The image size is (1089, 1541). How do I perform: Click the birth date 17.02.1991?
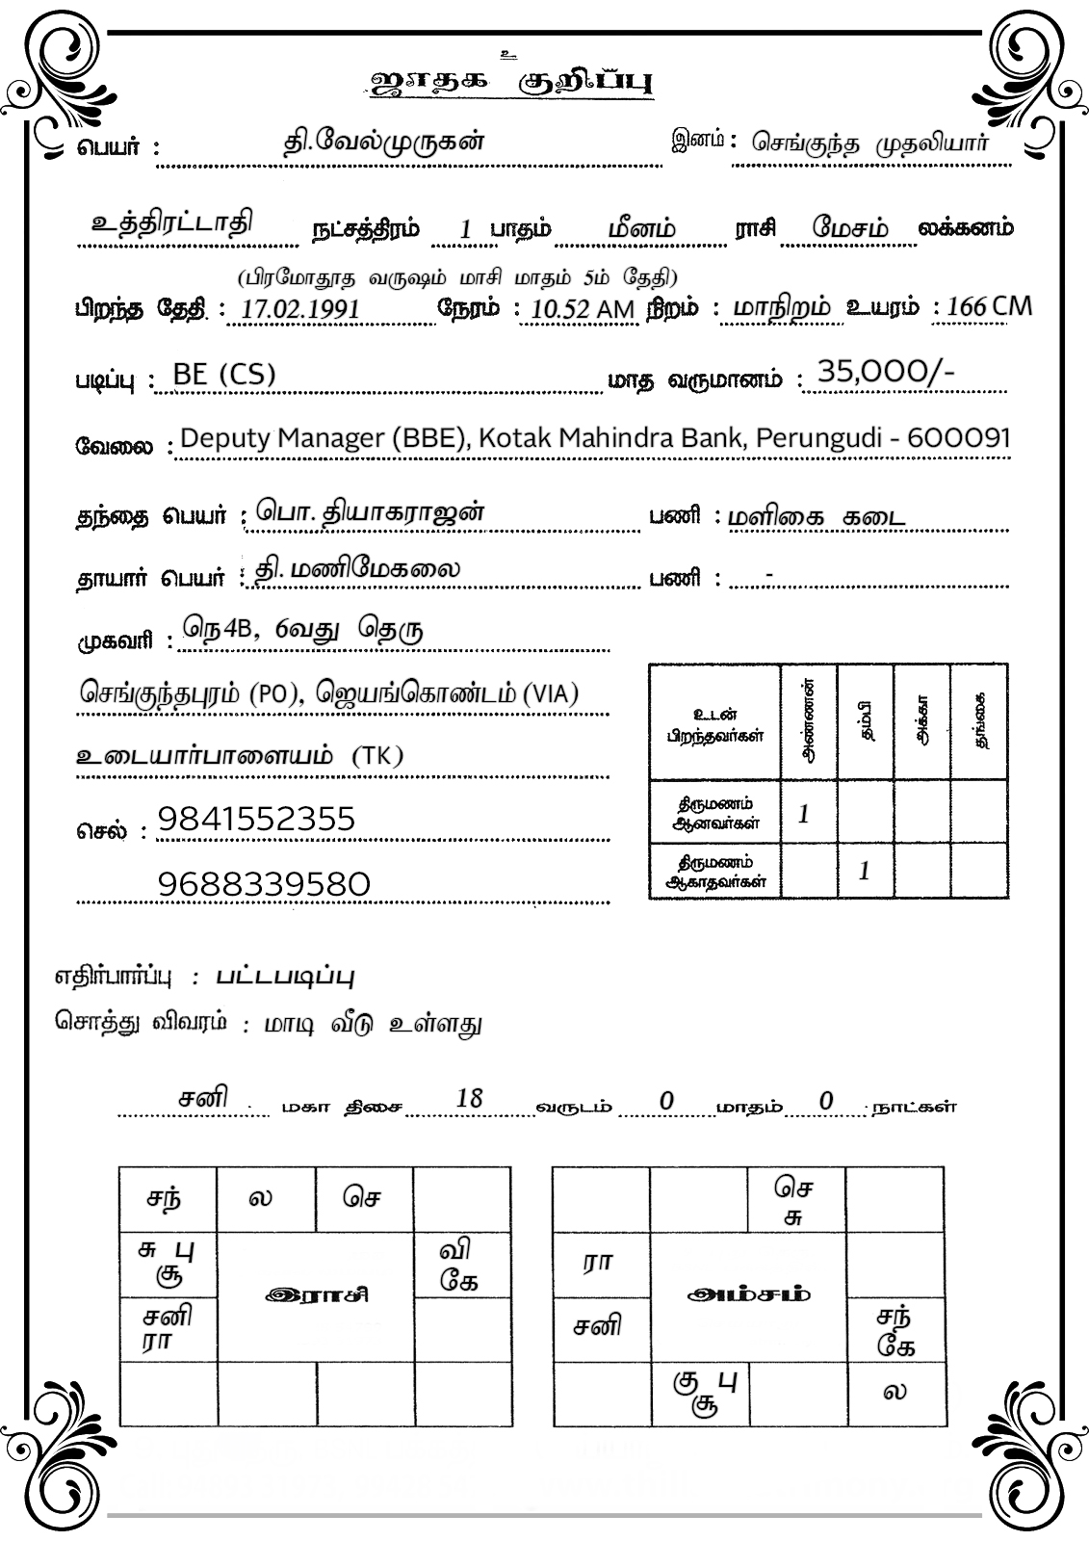coord(299,309)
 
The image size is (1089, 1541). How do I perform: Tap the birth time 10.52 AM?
coord(582,309)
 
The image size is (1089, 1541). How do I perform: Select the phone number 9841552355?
coord(256,820)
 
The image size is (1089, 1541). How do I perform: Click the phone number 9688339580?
coord(263,883)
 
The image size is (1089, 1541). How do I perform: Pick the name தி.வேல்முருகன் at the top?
coord(382,143)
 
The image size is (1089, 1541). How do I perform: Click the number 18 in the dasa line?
coord(469,1099)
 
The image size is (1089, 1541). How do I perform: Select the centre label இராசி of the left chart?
coord(317,1294)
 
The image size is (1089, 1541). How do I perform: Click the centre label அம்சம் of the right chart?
coord(749,1293)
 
